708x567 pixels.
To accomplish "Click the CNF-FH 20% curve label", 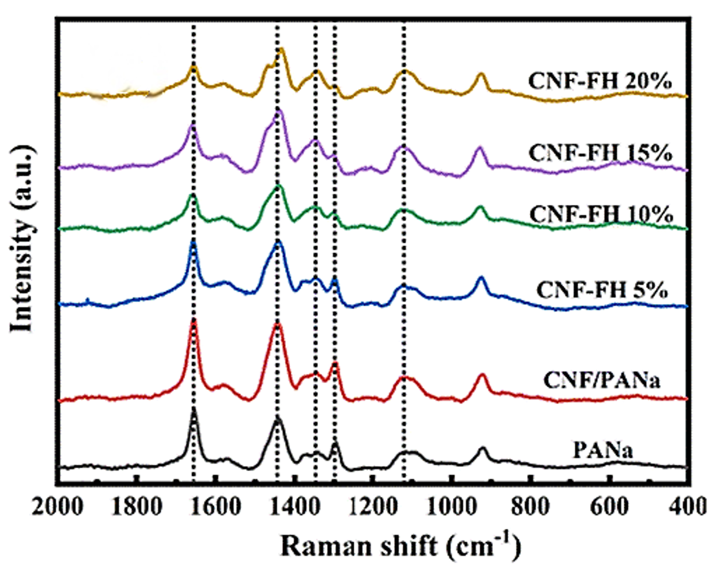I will pos(600,81).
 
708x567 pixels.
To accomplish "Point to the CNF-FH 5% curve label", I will pos(602,290).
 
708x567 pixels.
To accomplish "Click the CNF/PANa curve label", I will pos(602,380).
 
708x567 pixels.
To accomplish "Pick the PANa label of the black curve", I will pos(603,450).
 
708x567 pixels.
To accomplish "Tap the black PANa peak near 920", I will pos(483,449).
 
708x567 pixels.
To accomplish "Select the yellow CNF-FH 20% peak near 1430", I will pos(281,49).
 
